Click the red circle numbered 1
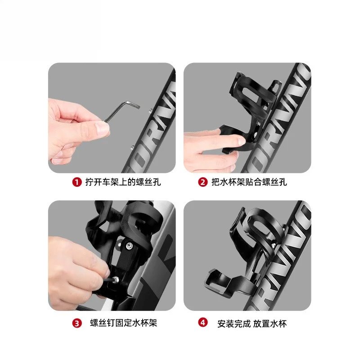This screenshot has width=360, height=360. point(77,182)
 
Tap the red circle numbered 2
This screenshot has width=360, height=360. point(203,182)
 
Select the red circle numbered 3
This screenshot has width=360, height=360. point(77,323)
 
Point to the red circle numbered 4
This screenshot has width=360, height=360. point(203,322)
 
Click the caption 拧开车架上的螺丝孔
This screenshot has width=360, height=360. point(123,182)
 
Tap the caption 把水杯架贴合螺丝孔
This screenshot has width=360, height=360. point(249,182)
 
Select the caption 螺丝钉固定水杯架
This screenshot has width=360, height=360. point(123,323)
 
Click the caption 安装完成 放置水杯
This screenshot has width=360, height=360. point(252,324)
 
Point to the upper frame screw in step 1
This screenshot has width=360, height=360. point(150,111)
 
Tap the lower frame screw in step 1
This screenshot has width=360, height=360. point(132,147)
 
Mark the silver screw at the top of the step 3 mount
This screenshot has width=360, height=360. point(129,246)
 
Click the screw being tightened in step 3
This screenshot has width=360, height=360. point(116,279)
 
